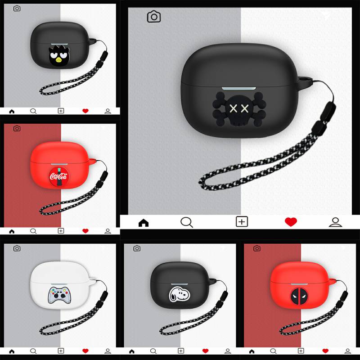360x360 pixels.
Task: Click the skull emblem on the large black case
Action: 239,109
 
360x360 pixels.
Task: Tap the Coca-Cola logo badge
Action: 59,176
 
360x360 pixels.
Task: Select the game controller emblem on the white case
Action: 59,296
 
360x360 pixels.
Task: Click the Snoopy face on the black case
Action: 180,295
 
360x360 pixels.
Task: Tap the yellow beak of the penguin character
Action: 58,60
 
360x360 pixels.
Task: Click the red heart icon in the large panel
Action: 291,222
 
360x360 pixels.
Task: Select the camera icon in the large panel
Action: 154,17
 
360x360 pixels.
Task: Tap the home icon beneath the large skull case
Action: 144,223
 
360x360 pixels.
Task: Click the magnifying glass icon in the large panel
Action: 187,222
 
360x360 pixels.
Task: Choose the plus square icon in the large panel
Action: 242,222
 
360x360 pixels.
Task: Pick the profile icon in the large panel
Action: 335,222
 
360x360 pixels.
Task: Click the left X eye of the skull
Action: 234,108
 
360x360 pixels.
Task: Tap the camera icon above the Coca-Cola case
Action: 17,128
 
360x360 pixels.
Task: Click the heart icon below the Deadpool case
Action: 325,351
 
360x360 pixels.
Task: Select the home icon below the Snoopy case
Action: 132,351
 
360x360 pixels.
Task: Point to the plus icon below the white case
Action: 61,351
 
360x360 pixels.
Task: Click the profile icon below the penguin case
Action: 108,111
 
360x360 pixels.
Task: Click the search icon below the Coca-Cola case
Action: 33,231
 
